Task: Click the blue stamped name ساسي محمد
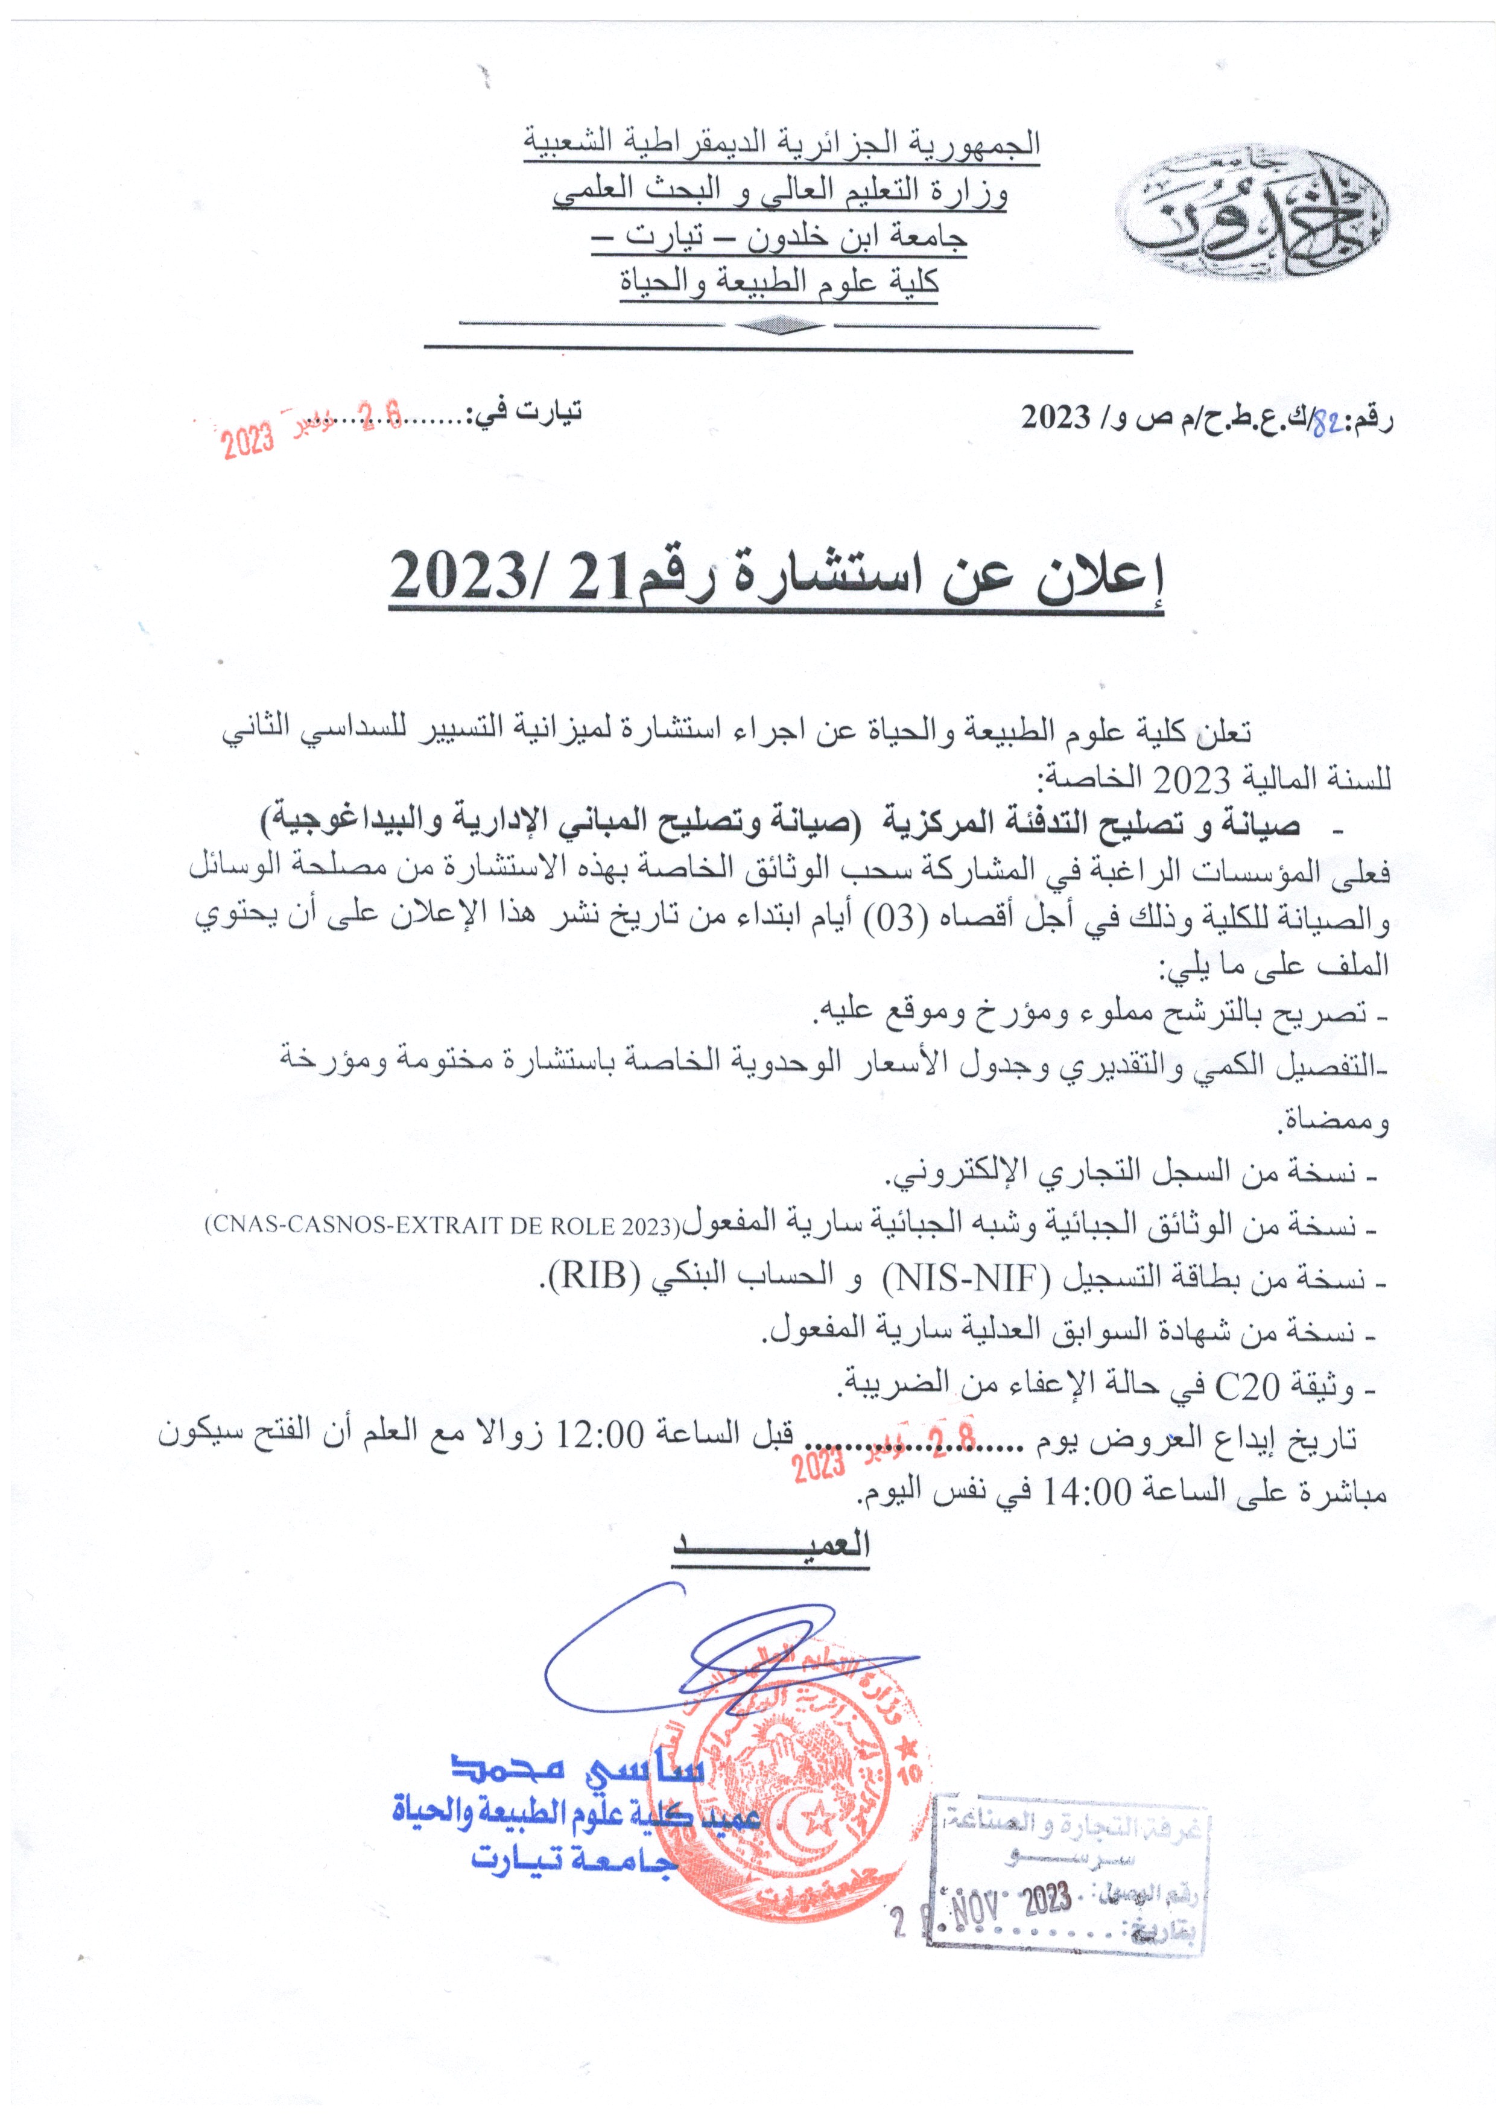coord(576,1765)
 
